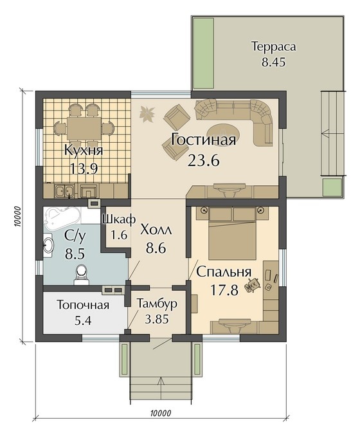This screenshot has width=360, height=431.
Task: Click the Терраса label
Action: click(274, 46)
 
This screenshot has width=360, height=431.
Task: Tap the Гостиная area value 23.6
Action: click(204, 160)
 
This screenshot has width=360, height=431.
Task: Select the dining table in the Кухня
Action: click(84, 128)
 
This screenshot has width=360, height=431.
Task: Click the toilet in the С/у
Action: click(81, 274)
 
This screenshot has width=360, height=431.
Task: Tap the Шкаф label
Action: click(119, 219)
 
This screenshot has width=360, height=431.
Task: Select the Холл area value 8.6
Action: click(156, 248)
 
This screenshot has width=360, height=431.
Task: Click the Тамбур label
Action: click(157, 304)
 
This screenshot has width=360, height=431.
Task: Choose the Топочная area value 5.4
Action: click(83, 320)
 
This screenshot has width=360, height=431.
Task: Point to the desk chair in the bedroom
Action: click(253, 285)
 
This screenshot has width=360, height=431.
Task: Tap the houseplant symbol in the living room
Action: click(147, 113)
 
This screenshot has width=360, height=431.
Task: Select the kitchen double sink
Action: click(64, 190)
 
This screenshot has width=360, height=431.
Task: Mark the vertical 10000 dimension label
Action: click(18, 217)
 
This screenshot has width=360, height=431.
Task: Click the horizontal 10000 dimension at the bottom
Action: click(161, 413)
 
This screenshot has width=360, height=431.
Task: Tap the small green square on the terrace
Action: click(332, 187)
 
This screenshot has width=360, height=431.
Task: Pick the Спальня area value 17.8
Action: click(224, 289)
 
